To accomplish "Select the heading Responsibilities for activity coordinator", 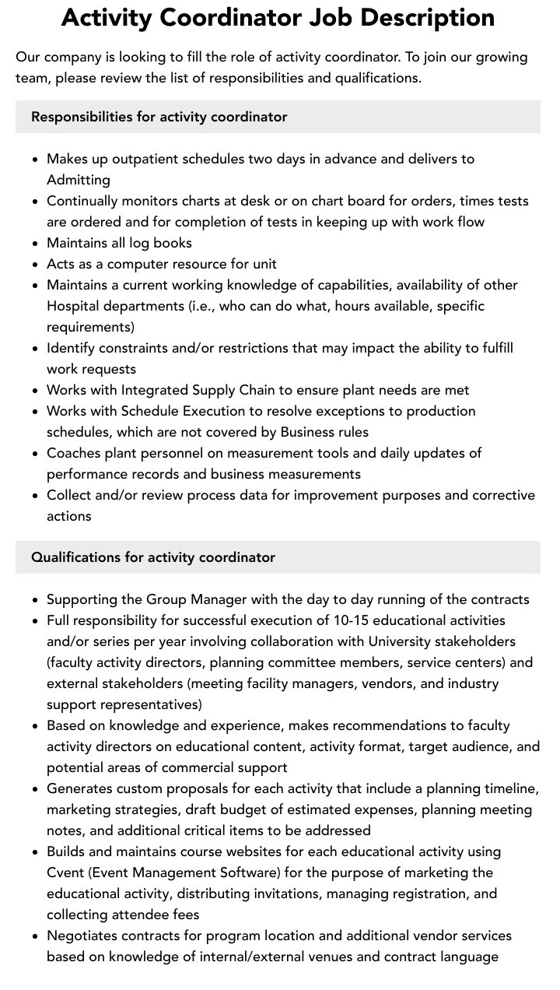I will [x=159, y=117].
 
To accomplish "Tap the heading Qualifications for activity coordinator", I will [x=153, y=557].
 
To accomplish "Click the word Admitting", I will [x=79, y=180].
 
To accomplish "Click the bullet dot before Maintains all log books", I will [x=35, y=244].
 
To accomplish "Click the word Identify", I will [x=72, y=348].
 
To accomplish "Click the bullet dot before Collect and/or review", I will [x=35, y=496].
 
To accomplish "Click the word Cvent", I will [x=67, y=872].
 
